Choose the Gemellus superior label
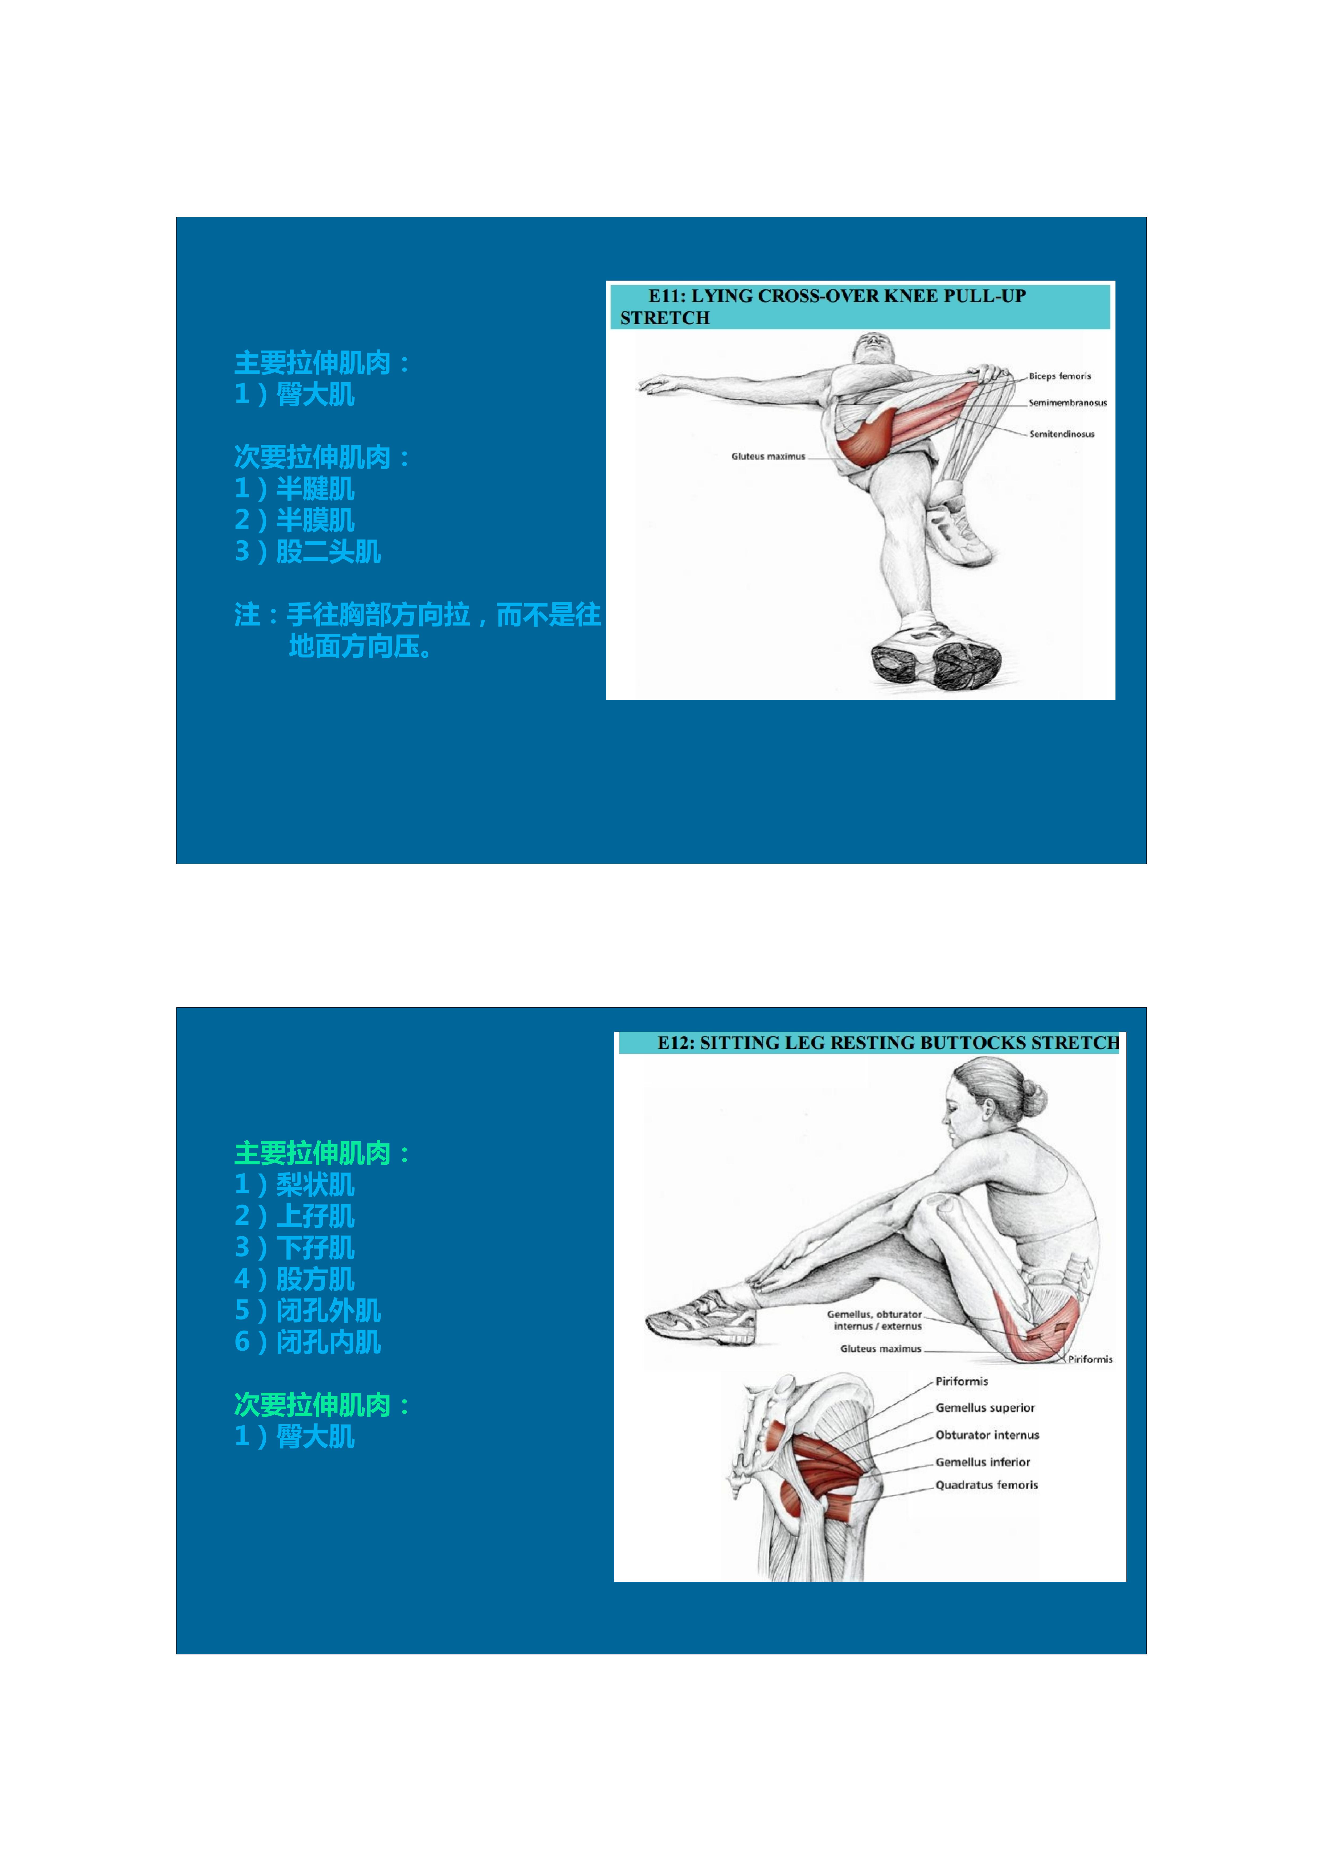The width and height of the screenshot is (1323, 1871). pos(985,1407)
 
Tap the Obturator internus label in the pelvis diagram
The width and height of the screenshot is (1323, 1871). pos(987,1435)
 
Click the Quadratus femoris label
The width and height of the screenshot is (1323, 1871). pos(986,1485)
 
